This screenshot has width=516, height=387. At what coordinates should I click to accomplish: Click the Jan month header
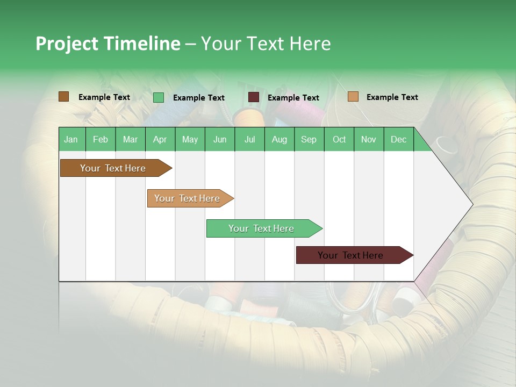[x=71, y=139]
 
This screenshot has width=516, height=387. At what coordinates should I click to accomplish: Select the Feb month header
[x=101, y=139]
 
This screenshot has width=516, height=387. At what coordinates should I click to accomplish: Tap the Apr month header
[x=160, y=139]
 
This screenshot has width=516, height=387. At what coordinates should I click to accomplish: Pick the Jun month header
[x=220, y=139]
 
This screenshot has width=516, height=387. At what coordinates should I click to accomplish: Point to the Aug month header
[x=279, y=139]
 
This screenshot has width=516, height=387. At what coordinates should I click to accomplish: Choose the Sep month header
[x=309, y=139]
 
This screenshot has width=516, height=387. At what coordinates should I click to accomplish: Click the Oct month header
[x=339, y=139]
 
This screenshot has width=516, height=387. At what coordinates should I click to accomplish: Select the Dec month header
[x=398, y=139]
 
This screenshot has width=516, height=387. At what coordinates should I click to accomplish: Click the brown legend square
[x=63, y=97]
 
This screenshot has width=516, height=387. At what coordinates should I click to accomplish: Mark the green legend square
[x=158, y=97]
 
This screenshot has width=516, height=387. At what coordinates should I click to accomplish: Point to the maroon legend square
[x=254, y=97]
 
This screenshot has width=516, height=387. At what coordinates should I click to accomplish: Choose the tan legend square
[x=353, y=97]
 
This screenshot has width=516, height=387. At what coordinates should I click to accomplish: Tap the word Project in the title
[x=67, y=44]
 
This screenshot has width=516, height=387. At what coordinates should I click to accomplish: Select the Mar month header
[x=130, y=139]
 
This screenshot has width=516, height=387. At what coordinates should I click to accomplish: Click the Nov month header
[x=368, y=139]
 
